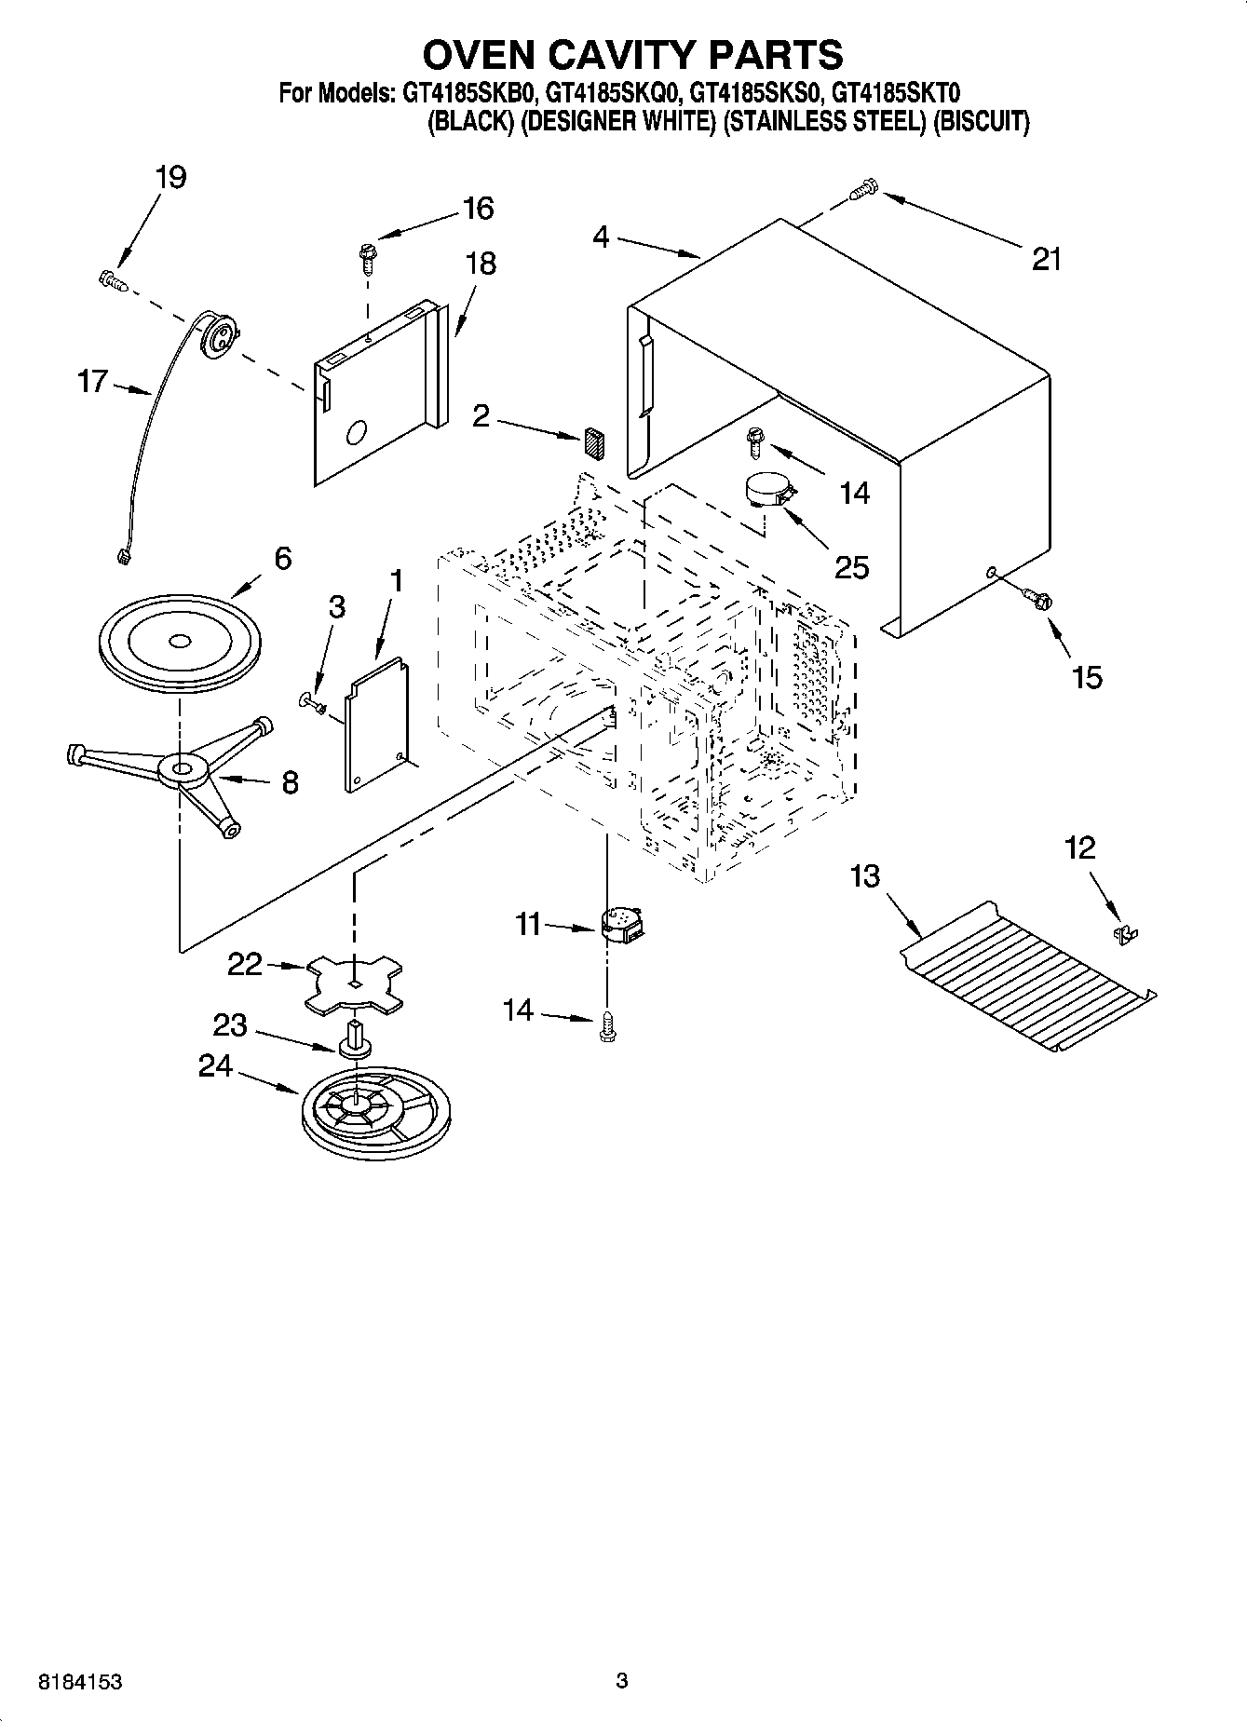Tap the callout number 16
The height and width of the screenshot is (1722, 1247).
[478, 209]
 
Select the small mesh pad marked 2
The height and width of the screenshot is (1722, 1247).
[594, 441]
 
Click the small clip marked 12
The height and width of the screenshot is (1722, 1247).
[1127, 933]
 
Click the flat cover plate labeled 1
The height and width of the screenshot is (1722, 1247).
[376, 723]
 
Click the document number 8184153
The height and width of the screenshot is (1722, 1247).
[81, 1682]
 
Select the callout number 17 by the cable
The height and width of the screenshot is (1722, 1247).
[92, 382]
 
